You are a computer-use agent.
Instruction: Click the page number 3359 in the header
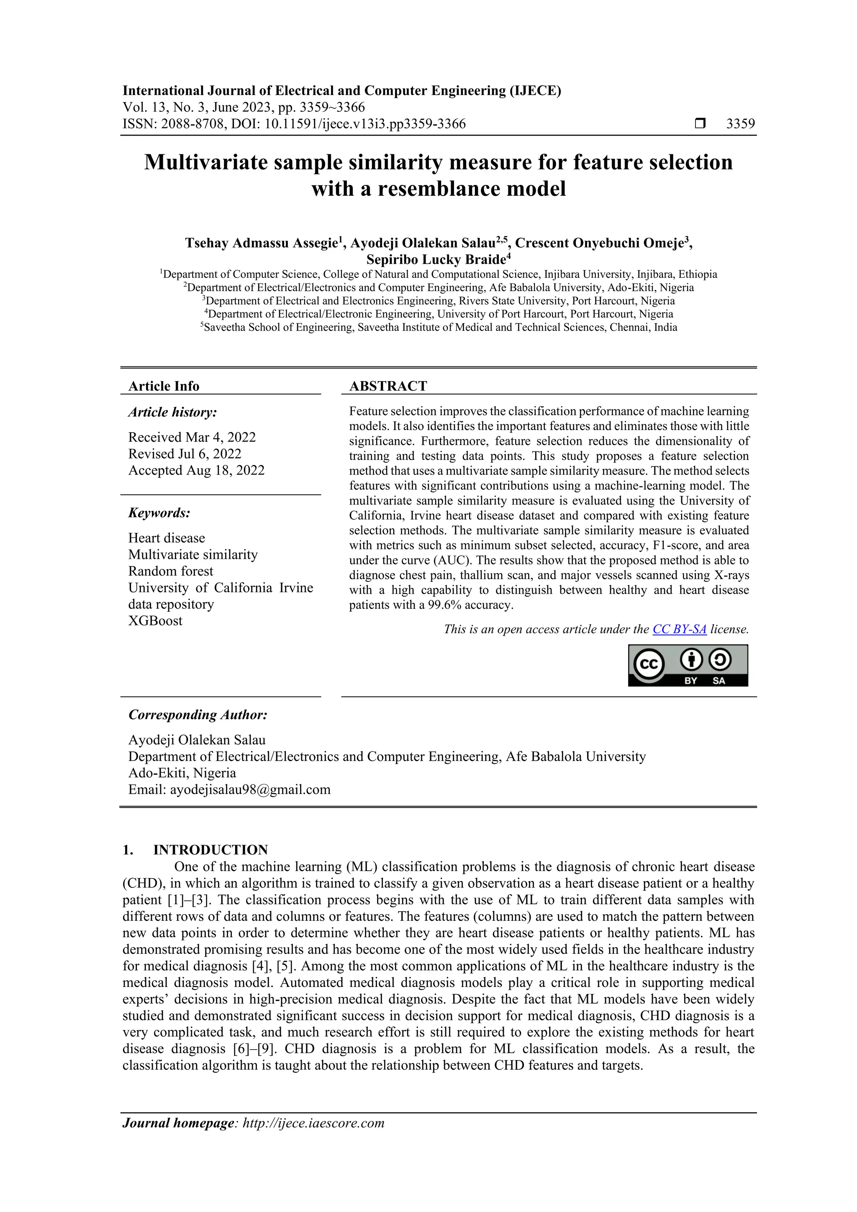740,124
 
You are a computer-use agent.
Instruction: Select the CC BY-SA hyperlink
679,629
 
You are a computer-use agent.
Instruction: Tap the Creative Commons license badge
688,665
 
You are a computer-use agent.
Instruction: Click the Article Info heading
164,387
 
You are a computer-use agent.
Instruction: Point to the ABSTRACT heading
388,387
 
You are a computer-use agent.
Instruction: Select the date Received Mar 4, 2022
192,437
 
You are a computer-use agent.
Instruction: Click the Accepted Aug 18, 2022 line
196,470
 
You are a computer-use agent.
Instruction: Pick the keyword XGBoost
155,621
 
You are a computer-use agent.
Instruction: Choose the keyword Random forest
171,571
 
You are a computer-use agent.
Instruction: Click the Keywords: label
159,513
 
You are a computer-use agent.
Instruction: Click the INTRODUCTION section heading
210,850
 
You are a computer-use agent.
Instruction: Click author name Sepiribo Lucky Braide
436,260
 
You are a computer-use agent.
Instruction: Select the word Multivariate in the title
206,162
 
